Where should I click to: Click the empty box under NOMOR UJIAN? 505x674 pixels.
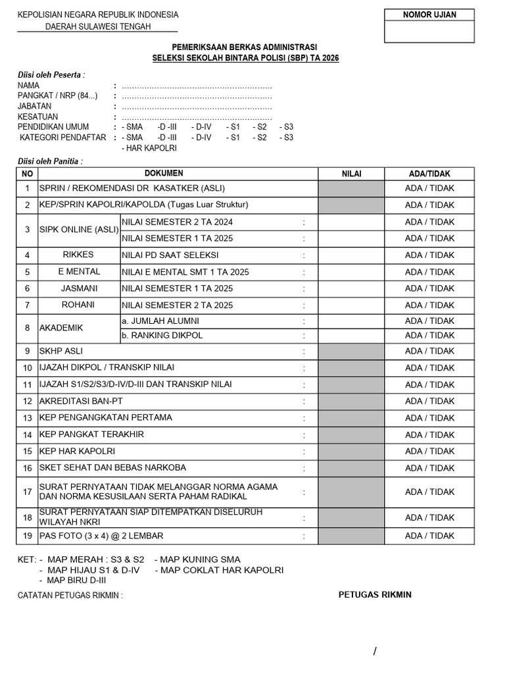(x=429, y=32)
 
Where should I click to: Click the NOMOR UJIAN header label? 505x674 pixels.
(x=429, y=15)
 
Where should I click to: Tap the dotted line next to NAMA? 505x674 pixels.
(x=197, y=86)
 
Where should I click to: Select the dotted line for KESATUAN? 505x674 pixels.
(x=197, y=117)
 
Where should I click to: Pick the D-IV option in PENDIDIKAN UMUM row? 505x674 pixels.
(x=201, y=127)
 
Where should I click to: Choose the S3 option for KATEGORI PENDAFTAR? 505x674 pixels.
(x=287, y=138)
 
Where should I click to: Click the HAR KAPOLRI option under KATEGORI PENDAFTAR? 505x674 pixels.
(x=150, y=148)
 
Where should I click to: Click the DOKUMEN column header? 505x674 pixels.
(x=164, y=173)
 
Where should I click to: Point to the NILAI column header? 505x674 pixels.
(x=351, y=174)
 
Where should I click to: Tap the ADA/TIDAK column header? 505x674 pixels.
(x=429, y=174)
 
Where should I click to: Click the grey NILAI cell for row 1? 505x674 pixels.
(x=351, y=188)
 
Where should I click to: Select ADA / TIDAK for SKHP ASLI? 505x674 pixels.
(x=429, y=351)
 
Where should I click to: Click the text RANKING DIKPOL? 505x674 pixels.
(x=162, y=335)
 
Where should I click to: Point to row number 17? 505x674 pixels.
(x=27, y=492)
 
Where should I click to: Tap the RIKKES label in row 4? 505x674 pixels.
(x=78, y=255)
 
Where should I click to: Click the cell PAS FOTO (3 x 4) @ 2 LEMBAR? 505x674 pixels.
(x=102, y=536)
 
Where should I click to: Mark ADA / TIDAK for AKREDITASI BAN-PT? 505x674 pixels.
(x=429, y=402)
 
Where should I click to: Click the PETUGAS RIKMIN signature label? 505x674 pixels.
(x=375, y=594)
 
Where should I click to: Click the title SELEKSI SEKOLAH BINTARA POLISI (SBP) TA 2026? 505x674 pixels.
(x=245, y=59)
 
